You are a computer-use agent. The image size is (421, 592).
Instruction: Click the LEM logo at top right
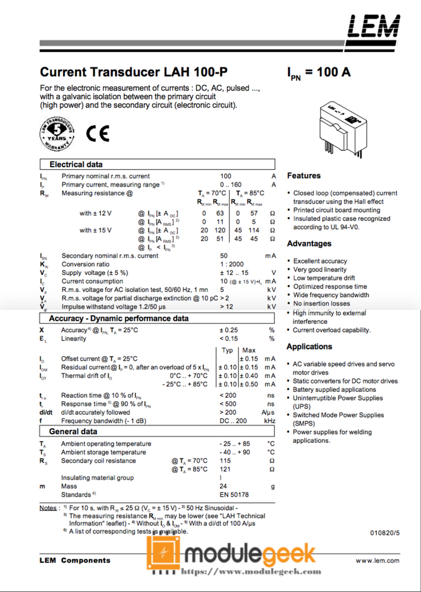pos(373,26)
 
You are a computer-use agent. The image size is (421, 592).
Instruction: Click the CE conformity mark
pos(97,134)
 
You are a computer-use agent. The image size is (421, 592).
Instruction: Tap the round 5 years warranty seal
pos(57,134)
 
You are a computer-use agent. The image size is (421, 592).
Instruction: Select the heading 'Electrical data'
pos(76,164)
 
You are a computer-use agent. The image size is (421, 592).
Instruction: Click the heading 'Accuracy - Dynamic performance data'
pos(118,319)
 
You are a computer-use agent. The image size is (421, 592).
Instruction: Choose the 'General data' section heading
pos(73,432)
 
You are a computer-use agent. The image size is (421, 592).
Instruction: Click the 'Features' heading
pos(304,176)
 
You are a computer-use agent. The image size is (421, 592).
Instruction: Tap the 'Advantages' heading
pos(309,243)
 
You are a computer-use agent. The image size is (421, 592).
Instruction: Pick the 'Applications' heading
pos(310,347)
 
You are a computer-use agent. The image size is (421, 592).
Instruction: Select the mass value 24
pos(223,486)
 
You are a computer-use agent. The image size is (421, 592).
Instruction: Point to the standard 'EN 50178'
pos(234,495)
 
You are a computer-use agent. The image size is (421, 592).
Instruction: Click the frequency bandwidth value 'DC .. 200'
pos(233,421)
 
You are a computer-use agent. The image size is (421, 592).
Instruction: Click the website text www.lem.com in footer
pos(377,560)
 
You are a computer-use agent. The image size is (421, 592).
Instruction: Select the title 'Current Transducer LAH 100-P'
pos(133,72)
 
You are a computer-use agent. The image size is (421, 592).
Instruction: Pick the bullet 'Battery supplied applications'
pos(334,390)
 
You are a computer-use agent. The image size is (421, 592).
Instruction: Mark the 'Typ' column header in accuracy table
pos(228,350)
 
